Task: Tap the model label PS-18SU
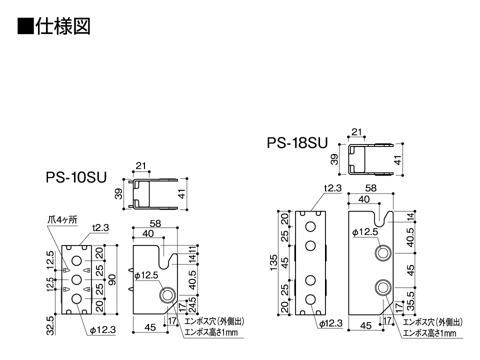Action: (x=297, y=143)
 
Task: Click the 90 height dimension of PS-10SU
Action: (x=112, y=279)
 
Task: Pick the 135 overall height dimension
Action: (x=273, y=263)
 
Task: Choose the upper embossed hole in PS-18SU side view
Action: (x=383, y=253)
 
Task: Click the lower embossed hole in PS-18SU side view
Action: (x=383, y=287)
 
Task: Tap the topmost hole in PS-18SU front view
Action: (x=310, y=227)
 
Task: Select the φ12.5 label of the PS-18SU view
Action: (x=364, y=232)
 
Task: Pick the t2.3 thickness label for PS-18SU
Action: (x=332, y=188)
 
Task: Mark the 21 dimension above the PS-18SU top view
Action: (x=356, y=132)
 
